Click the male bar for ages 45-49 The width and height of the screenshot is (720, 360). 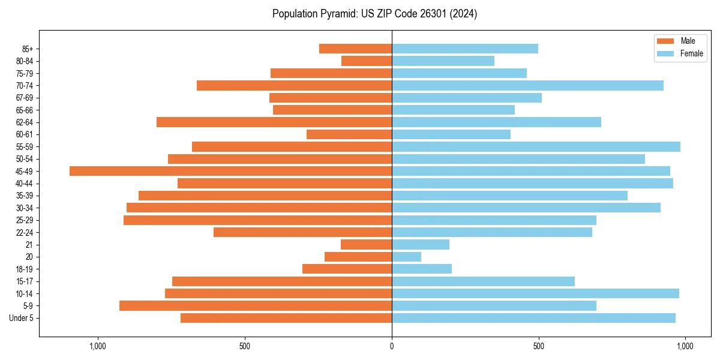pyautogui.click(x=230, y=171)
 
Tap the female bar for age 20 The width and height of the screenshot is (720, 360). pyautogui.click(x=406, y=257)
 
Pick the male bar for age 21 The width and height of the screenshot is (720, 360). pyautogui.click(x=366, y=244)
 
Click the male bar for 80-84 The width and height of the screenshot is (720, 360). pyautogui.click(x=367, y=61)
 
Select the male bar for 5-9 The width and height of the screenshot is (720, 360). pyautogui.click(x=256, y=305)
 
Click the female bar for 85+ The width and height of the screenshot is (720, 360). pyautogui.click(x=465, y=49)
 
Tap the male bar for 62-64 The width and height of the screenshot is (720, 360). pyautogui.click(x=274, y=122)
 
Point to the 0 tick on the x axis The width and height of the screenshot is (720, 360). pyautogui.click(x=392, y=346)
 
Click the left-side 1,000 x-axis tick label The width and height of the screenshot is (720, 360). pyautogui.click(x=98, y=346)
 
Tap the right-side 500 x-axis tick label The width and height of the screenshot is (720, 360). pyautogui.click(x=539, y=346)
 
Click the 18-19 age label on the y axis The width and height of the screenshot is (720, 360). pyautogui.click(x=25, y=269)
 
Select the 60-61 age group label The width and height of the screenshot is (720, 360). pyautogui.click(x=25, y=134)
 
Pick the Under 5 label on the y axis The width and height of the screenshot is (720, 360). pyautogui.click(x=22, y=318)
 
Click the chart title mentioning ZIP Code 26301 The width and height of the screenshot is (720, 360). pyautogui.click(x=375, y=14)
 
